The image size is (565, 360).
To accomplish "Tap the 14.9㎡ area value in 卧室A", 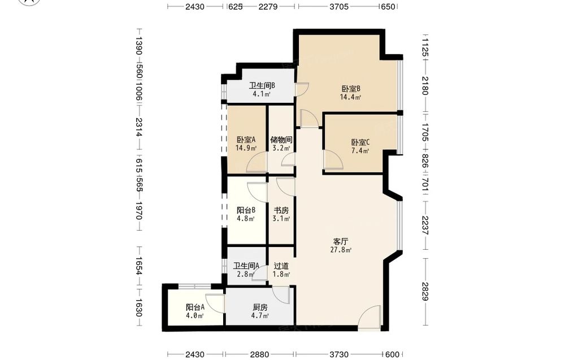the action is pos(246,148).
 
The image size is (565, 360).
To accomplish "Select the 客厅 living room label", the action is pos(341,241).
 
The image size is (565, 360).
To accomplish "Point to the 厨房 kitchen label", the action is pos(260,307).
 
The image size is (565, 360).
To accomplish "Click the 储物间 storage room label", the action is pos(281,140).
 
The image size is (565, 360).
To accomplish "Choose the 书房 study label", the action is pos(281,210).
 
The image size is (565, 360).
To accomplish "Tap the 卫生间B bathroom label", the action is pos(262,85).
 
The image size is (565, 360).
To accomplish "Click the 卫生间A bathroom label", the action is pos(246,266).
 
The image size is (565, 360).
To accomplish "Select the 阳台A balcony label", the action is pos(195,307).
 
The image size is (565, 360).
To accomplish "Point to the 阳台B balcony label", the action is pos(246,210).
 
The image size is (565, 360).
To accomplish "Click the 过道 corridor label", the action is pos(281,266).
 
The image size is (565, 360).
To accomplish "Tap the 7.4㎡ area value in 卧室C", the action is pos(360,151).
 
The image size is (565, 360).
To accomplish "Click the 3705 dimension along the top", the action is pos(339,6).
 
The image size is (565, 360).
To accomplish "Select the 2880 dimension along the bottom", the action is pos(259,354).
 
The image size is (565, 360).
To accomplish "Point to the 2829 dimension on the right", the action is pos(424,291).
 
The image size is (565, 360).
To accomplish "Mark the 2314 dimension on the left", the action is pos(139,127).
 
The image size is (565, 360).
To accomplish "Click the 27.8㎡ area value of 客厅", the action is pos(341,250).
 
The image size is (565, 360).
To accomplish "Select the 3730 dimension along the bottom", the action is pos(338,354).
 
